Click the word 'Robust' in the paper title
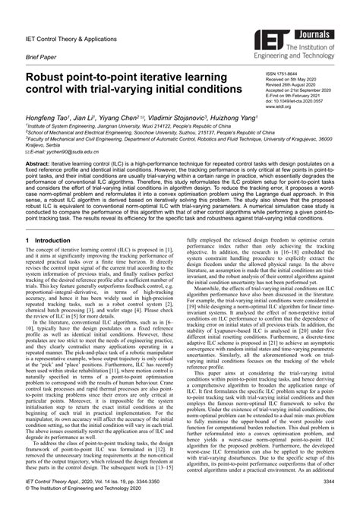coord(50,77)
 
